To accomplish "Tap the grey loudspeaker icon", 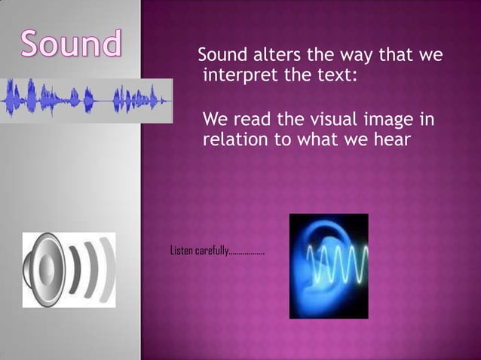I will click(69, 270).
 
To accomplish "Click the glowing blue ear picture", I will click(329, 266).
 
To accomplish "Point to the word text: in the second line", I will click(329, 76).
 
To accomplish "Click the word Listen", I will click(182, 250).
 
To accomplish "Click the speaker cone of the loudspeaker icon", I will click(44, 270).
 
